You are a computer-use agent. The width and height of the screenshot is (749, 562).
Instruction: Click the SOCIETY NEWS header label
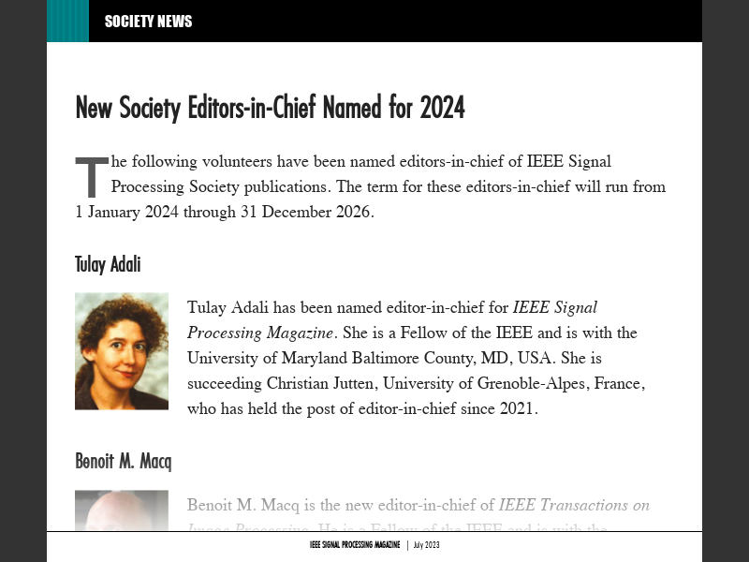(x=148, y=22)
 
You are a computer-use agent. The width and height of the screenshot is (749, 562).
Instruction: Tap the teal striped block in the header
(x=67, y=21)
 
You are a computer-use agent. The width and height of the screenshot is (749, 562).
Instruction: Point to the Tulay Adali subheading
(x=108, y=264)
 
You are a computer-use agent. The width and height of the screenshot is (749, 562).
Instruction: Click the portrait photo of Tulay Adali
(x=122, y=351)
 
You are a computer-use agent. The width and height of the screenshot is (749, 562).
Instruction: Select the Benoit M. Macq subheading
(x=123, y=461)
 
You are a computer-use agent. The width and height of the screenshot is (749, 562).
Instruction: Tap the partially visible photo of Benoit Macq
(x=122, y=510)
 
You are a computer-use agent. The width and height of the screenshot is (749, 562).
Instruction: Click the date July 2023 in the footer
(x=426, y=545)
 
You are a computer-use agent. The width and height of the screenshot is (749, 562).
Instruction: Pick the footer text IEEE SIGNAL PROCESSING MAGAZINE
(x=355, y=545)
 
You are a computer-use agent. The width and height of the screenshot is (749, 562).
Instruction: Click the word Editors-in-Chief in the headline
(x=251, y=108)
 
